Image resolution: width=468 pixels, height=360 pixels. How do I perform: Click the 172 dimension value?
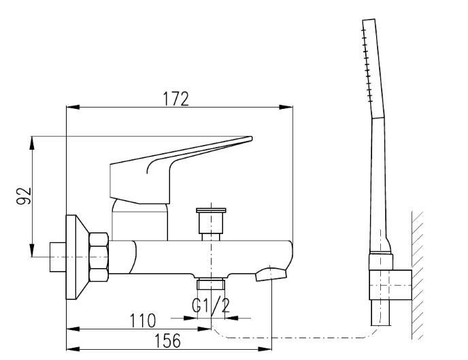tap(175, 99)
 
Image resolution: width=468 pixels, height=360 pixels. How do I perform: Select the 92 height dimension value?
tap(24, 196)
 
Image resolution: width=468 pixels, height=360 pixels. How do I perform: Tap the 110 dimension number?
tap(142, 321)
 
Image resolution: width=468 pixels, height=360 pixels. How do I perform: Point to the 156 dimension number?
tap(168, 340)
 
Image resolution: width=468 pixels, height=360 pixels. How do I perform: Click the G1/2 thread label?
tap(211, 305)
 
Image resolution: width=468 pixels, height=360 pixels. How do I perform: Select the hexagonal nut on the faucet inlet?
tap(99, 257)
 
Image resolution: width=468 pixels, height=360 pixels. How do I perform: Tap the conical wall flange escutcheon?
tap(78, 257)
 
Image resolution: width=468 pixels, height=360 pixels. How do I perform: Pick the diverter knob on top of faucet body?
tap(211, 220)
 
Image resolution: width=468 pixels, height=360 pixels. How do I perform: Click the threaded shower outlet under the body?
tap(211, 284)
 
